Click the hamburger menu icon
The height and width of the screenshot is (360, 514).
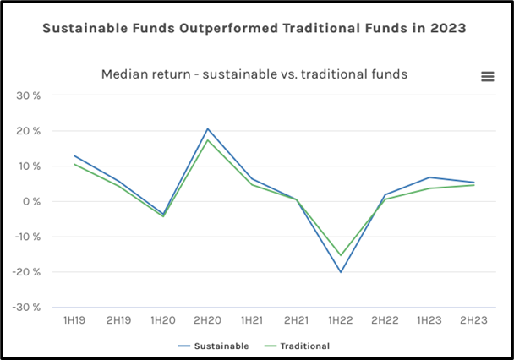(x=487, y=76)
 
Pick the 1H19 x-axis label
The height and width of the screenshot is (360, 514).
(x=74, y=321)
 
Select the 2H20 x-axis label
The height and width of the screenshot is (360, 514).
(x=207, y=321)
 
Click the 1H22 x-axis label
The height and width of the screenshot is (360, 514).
(x=341, y=321)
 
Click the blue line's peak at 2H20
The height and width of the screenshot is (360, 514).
(x=207, y=129)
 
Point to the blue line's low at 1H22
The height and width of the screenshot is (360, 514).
(x=341, y=272)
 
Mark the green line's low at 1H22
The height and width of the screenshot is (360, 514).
(x=341, y=255)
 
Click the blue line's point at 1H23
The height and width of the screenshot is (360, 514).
(x=429, y=177)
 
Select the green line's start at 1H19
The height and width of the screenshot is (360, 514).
(x=74, y=164)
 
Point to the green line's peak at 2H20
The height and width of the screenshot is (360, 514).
(x=207, y=140)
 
